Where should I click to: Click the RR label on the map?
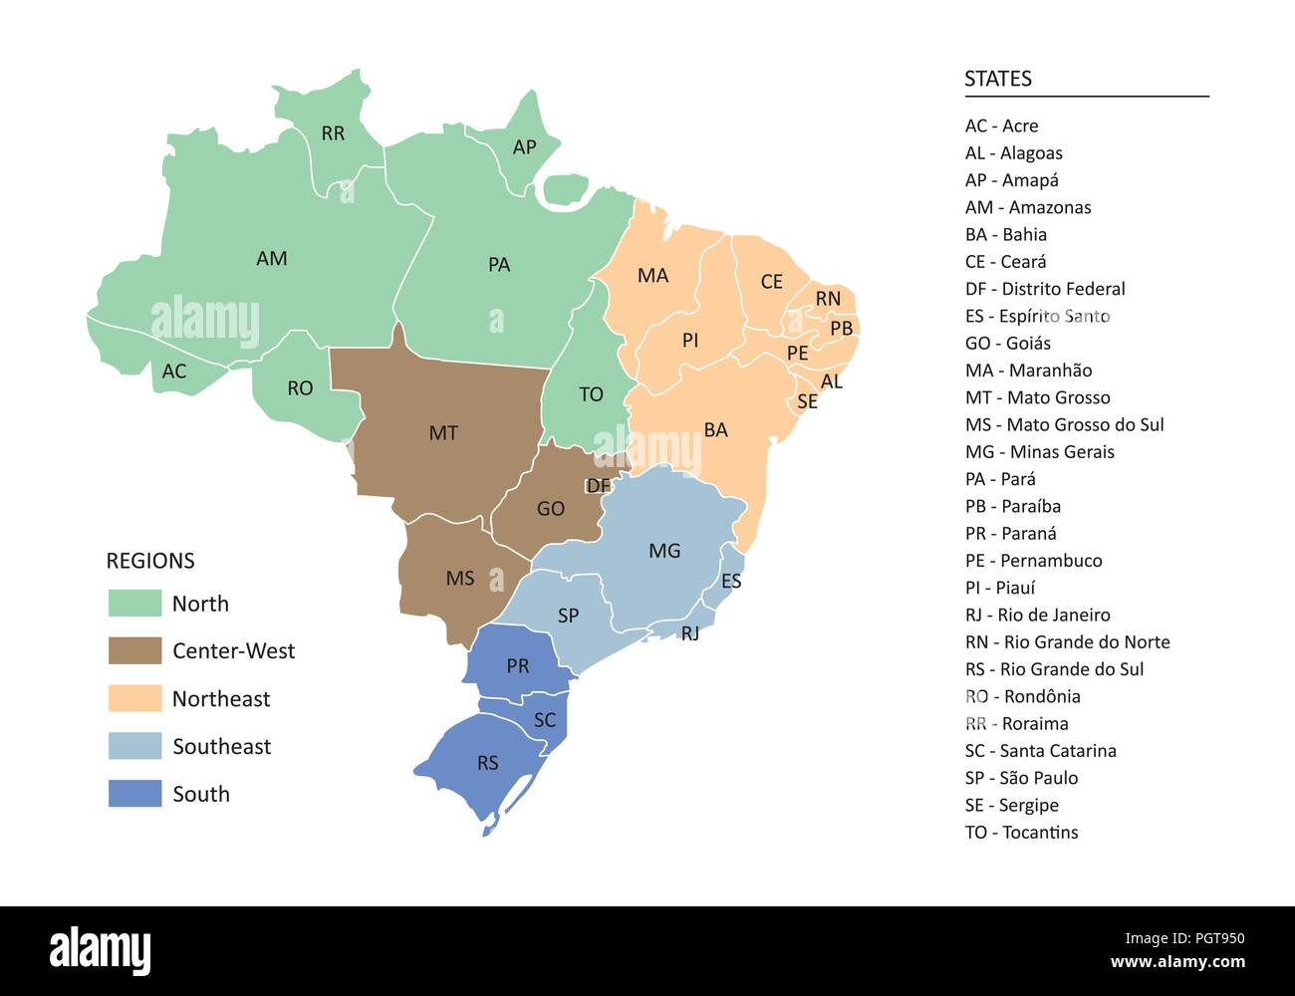point(333,133)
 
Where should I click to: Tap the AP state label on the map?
point(524,147)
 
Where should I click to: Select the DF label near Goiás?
point(598,486)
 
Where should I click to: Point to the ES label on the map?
point(731,581)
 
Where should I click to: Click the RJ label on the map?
point(690,633)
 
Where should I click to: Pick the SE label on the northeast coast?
point(807,401)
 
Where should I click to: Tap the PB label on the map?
point(841,328)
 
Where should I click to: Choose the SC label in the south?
point(545,719)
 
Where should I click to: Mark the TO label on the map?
point(591,394)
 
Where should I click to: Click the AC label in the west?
point(174,372)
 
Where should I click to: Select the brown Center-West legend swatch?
point(134,650)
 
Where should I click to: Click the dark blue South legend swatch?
point(134,794)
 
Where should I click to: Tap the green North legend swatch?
point(134,604)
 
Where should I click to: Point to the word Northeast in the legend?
point(221,699)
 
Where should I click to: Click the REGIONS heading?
point(150,561)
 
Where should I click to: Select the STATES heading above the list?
point(997,79)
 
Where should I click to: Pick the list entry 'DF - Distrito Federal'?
point(1044,289)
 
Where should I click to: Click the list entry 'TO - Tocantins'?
point(1021,833)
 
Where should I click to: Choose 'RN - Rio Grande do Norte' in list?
point(1067,642)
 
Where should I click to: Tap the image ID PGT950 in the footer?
point(1213,938)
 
